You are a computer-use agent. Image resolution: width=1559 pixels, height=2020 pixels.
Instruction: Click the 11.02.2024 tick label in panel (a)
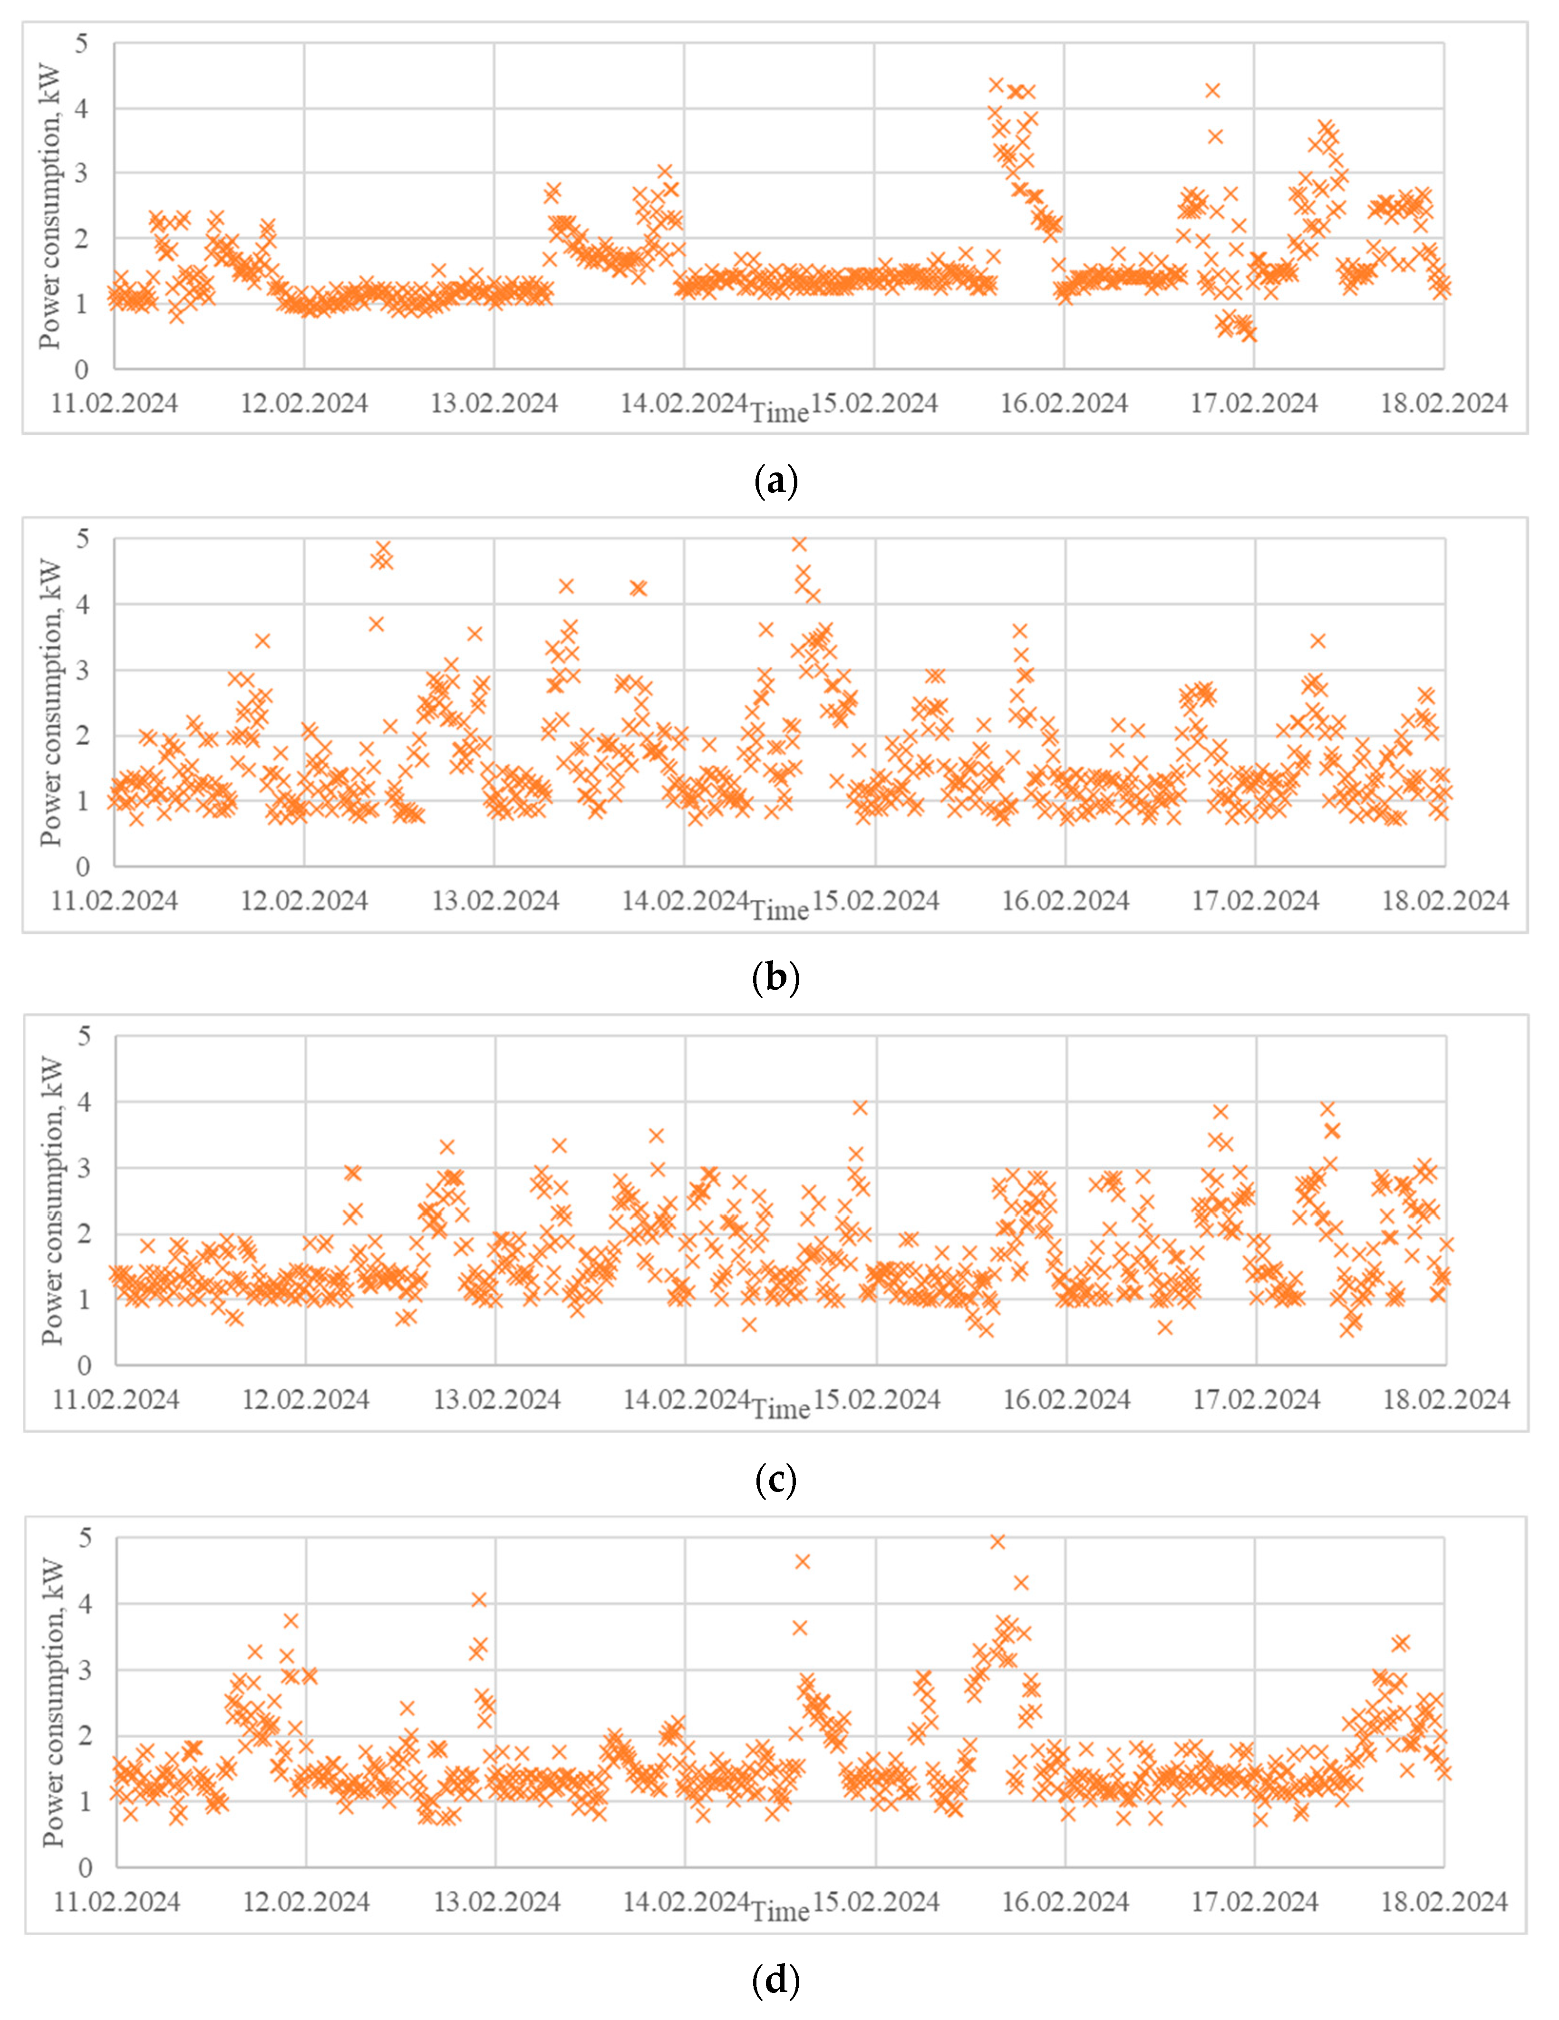point(114,403)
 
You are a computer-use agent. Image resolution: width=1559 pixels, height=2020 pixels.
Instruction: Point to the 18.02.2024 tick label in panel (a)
point(1444,403)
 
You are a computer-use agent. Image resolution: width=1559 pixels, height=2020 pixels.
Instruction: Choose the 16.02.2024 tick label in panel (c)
point(1067,1399)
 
